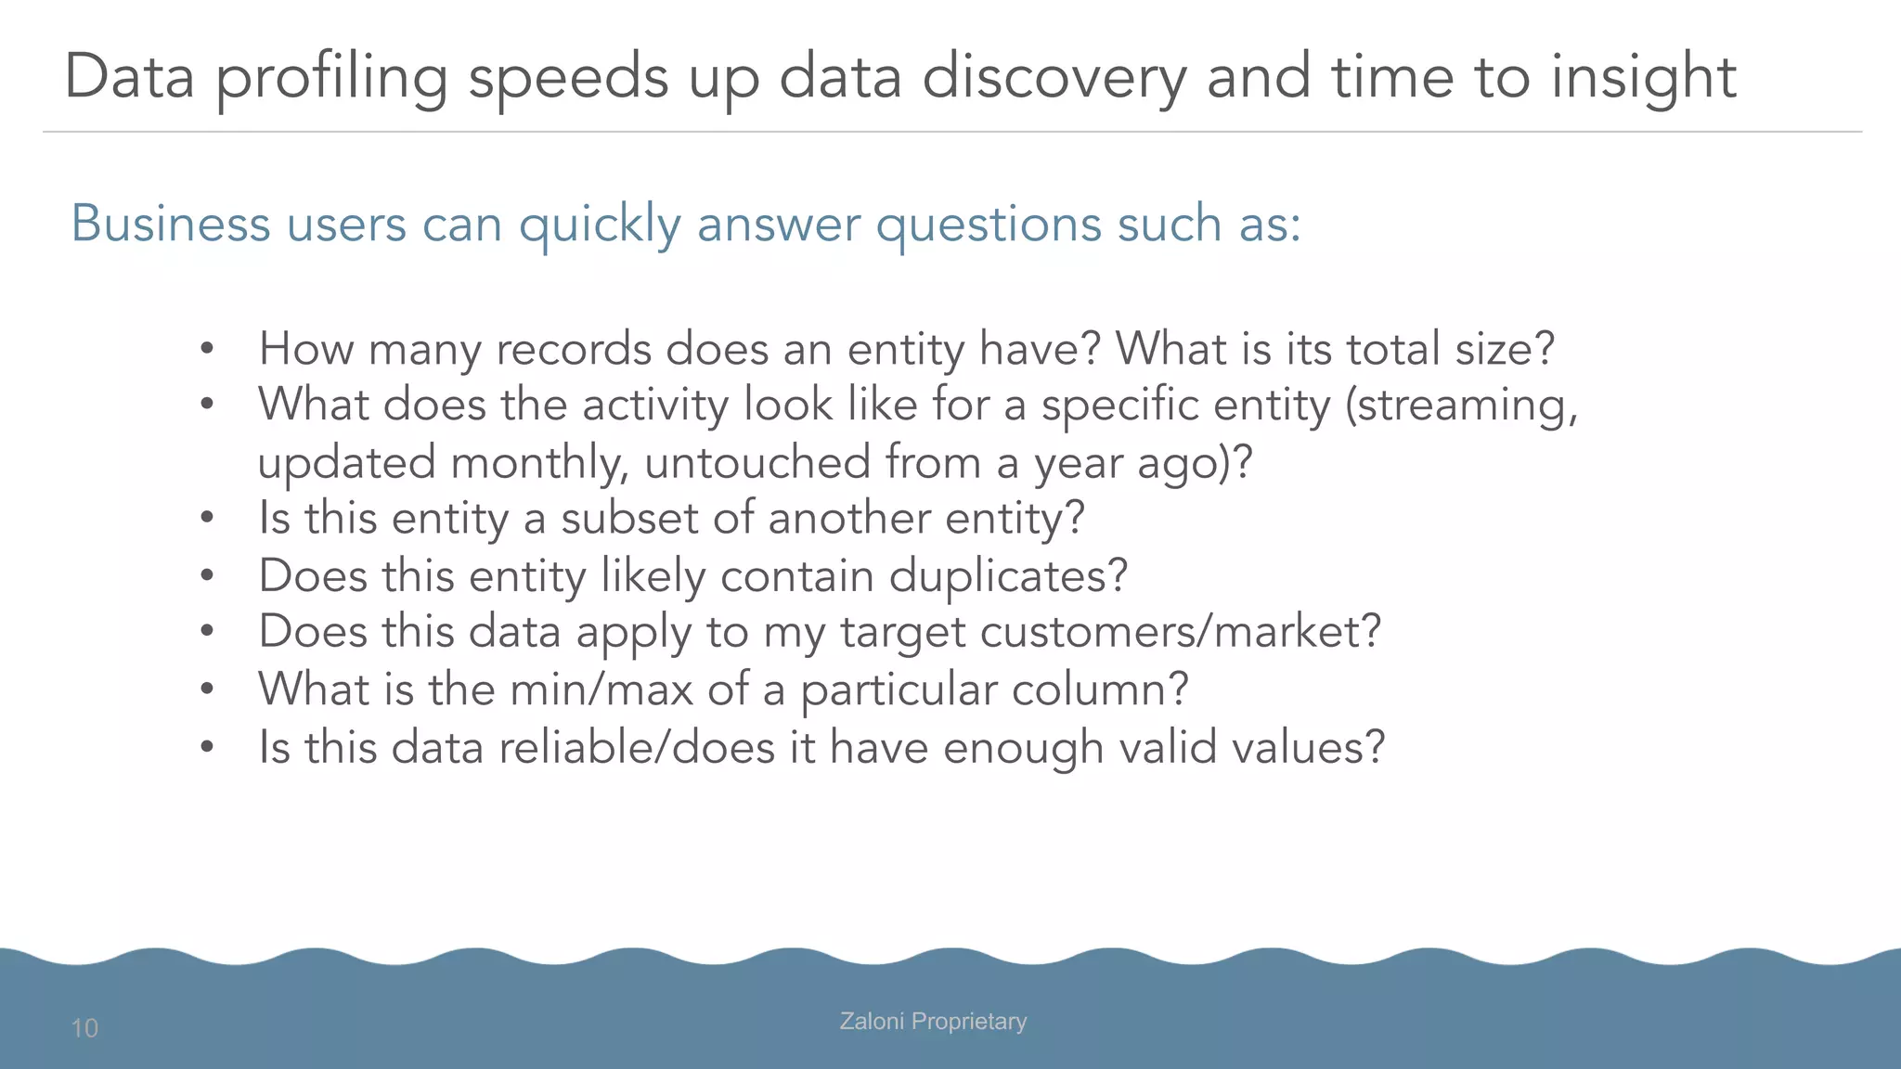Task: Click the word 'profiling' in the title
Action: [x=332, y=78]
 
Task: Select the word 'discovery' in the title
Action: [x=1054, y=78]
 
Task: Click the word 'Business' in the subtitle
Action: [x=171, y=224]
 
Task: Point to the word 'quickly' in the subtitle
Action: [x=600, y=225]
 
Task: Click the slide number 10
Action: [x=84, y=1028]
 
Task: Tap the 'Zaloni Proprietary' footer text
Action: [x=933, y=1021]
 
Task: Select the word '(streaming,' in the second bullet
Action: [x=1461, y=406]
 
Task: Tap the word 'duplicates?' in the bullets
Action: [x=1008, y=575]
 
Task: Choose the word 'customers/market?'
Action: [x=1180, y=632]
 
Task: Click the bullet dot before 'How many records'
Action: [x=207, y=350]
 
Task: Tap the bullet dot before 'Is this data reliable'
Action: [x=207, y=747]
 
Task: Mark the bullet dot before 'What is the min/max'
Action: [x=207, y=689]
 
